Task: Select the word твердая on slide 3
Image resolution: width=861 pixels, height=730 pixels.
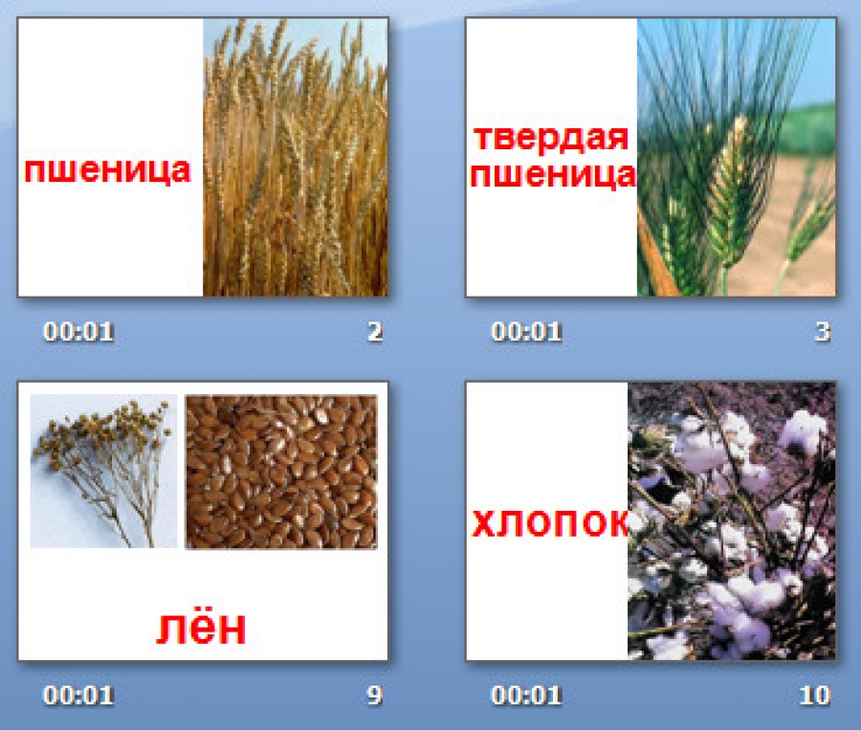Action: coord(551,138)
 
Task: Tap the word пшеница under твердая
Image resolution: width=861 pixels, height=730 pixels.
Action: coord(552,176)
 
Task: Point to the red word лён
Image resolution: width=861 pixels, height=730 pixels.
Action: coord(201,629)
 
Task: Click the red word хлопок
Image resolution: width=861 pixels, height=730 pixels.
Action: coord(550,523)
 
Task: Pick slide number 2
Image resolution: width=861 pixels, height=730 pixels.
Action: coord(375,332)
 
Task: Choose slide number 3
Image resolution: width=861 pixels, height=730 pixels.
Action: coord(823,332)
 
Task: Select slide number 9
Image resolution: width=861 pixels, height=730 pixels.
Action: coord(374,696)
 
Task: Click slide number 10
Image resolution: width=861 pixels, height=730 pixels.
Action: coord(815,696)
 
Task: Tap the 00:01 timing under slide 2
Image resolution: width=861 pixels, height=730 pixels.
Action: coord(78,332)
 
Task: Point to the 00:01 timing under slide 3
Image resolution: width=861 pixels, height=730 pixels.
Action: coord(526,332)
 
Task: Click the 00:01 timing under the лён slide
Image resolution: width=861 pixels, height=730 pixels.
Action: coord(78,696)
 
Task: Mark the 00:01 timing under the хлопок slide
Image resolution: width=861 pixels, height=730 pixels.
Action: coord(526,696)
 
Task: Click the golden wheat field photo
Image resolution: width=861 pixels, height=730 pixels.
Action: coord(296,158)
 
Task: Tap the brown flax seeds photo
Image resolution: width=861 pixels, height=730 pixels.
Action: coord(281,472)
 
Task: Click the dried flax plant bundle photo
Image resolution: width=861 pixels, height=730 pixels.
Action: coord(103,471)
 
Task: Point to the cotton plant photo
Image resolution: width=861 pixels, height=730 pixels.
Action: coord(732,521)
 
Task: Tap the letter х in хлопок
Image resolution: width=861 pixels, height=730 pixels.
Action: coord(484,523)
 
